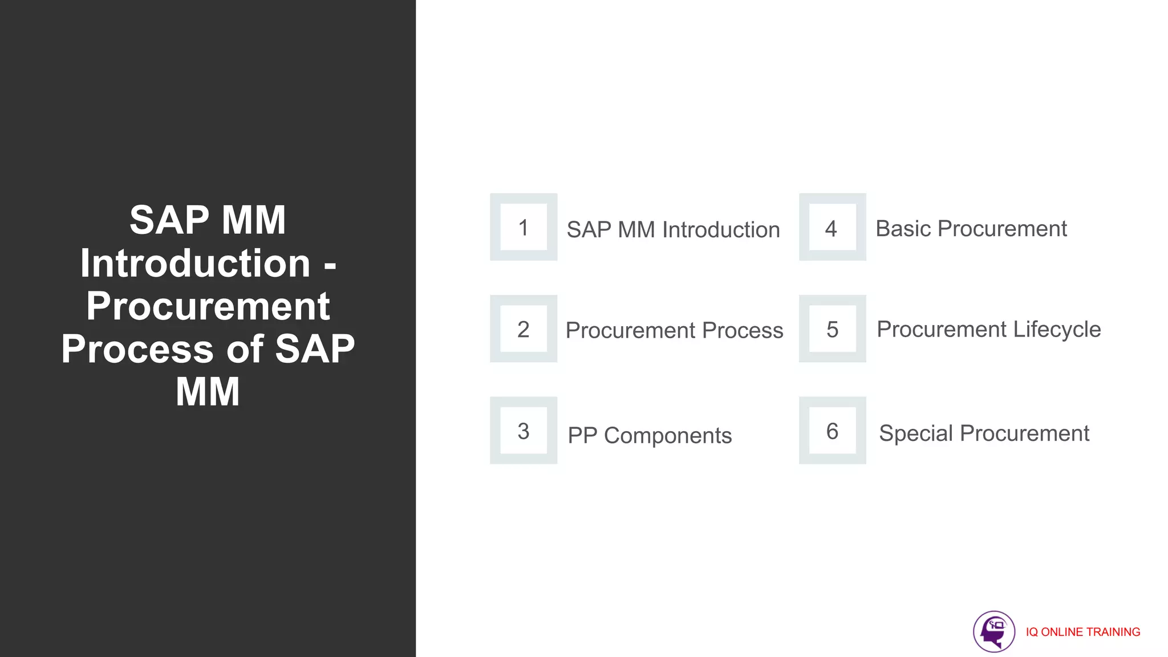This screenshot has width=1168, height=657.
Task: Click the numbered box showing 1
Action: coord(524,227)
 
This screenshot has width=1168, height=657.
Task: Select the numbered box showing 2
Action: coord(524,328)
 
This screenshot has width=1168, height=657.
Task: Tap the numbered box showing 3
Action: coord(524,431)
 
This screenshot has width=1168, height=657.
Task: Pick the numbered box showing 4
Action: coord(832,227)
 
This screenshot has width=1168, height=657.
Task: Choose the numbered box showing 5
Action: coord(832,328)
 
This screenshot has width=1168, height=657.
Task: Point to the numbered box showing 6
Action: coord(832,431)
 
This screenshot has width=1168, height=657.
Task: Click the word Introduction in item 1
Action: coord(721,230)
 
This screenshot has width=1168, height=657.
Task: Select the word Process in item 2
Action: coord(743,330)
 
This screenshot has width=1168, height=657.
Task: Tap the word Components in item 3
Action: coord(667,436)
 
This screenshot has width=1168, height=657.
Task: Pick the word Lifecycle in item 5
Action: coord(1057,330)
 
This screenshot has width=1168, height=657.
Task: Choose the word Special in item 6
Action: coord(916,433)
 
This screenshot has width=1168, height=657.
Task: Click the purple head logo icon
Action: coord(993,631)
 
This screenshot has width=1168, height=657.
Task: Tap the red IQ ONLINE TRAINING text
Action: coord(1082,632)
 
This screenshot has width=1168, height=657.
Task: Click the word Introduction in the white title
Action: coord(195,263)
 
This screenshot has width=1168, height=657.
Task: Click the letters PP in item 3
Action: coord(582,436)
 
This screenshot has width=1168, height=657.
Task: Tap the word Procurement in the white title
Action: coord(208,306)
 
